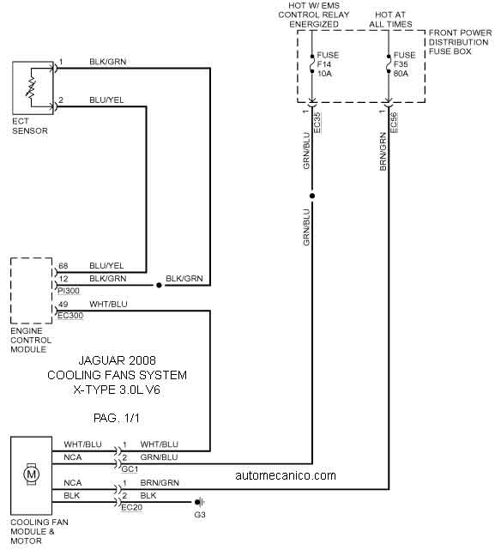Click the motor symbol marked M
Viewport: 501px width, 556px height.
(31, 474)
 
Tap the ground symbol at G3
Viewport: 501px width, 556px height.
(200, 502)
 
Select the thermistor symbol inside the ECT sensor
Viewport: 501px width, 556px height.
(31, 88)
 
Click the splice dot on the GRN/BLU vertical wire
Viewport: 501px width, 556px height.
(312, 196)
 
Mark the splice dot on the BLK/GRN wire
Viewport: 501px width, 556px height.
(160, 285)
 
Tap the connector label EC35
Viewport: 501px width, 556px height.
(317, 123)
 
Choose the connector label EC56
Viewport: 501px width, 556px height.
(394, 123)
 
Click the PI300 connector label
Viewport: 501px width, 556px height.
(69, 291)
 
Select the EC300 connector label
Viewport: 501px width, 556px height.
(70, 315)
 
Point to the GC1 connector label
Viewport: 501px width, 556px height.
(130, 469)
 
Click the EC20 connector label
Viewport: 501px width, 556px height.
(132, 507)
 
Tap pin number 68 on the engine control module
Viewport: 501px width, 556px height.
(63, 266)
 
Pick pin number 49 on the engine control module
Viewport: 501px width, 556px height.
(63, 304)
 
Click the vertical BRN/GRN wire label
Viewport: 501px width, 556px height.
(383, 151)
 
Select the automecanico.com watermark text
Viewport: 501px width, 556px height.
(286, 475)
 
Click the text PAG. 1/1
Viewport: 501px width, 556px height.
(117, 418)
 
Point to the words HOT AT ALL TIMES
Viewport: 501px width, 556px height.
(390, 20)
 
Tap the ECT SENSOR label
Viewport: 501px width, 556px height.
(30, 126)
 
